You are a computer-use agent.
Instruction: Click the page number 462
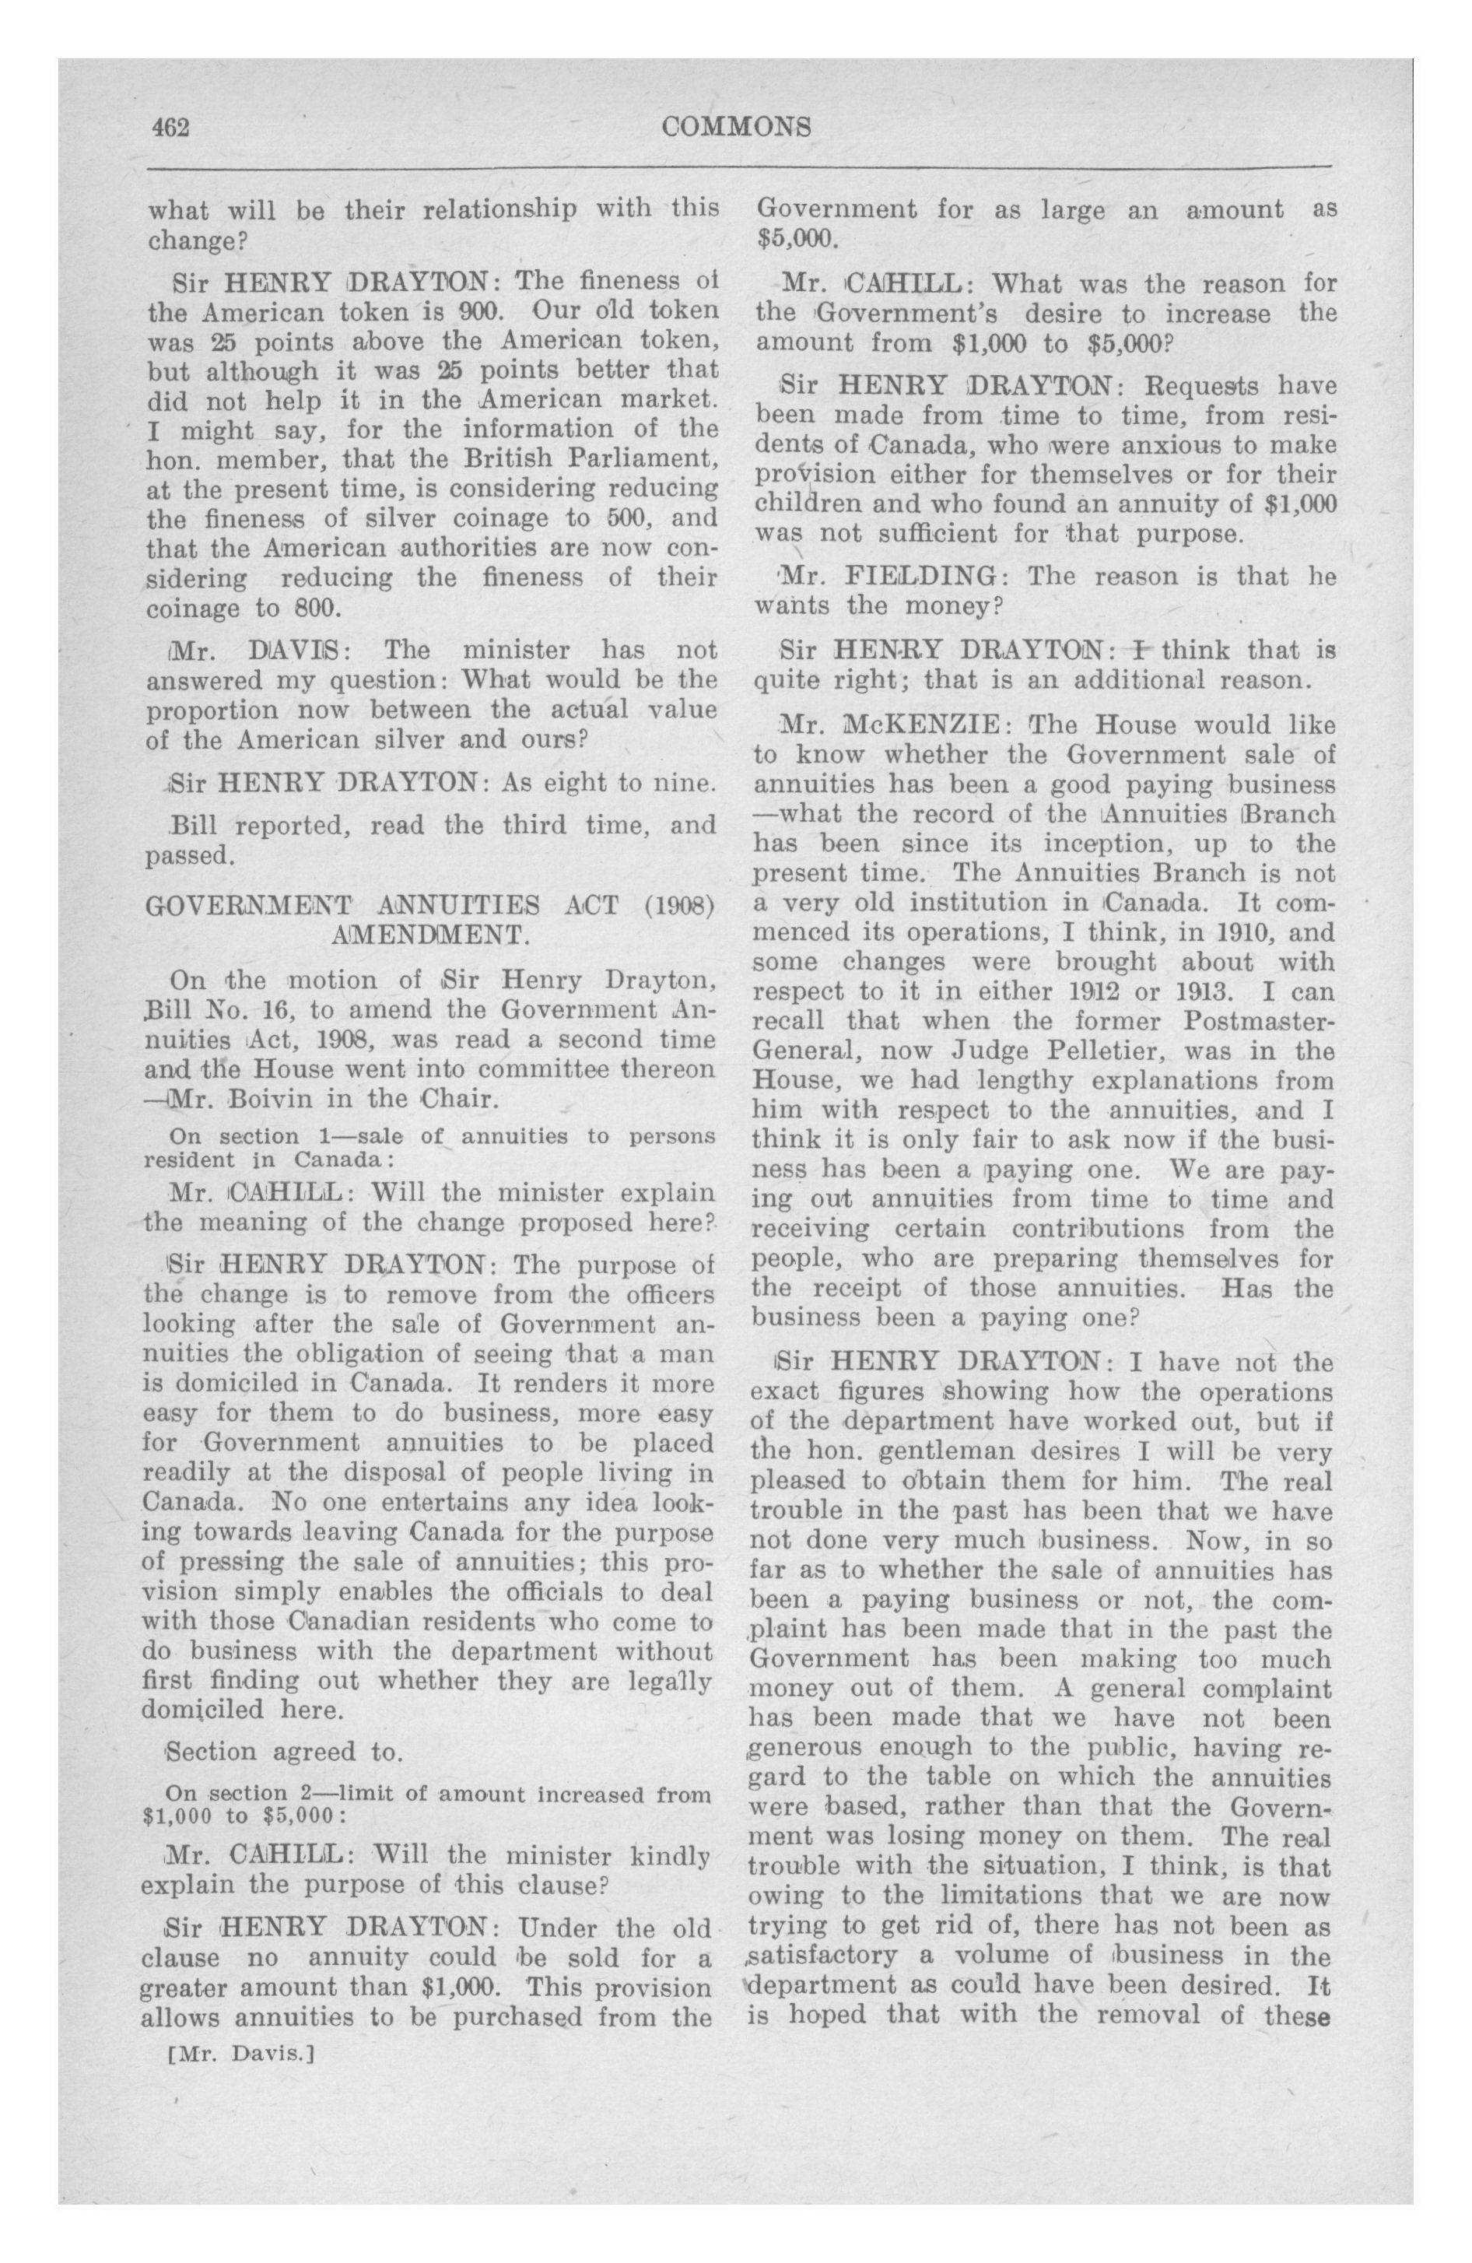point(172,128)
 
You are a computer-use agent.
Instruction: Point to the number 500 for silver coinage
point(595,518)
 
